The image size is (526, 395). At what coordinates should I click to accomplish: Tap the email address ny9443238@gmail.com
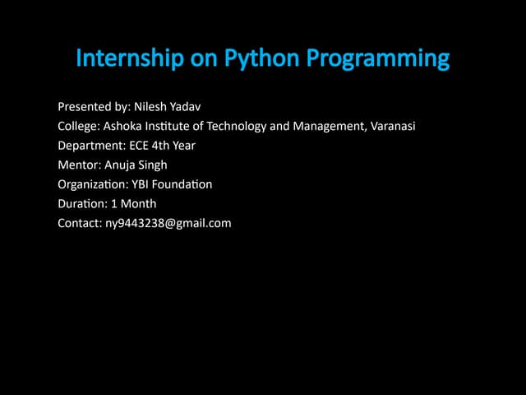coord(168,223)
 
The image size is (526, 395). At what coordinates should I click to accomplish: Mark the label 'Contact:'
coord(80,223)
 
